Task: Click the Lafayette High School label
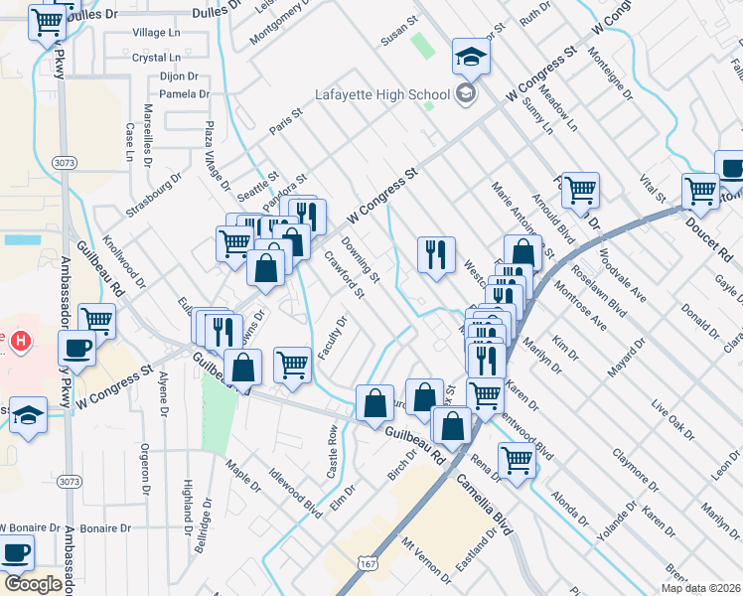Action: tap(381, 95)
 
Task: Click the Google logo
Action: tap(32, 583)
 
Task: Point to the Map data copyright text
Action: tap(701, 588)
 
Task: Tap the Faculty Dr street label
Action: tap(331, 339)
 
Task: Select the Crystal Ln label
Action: tap(154, 58)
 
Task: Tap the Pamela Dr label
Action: tap(184, 94)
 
